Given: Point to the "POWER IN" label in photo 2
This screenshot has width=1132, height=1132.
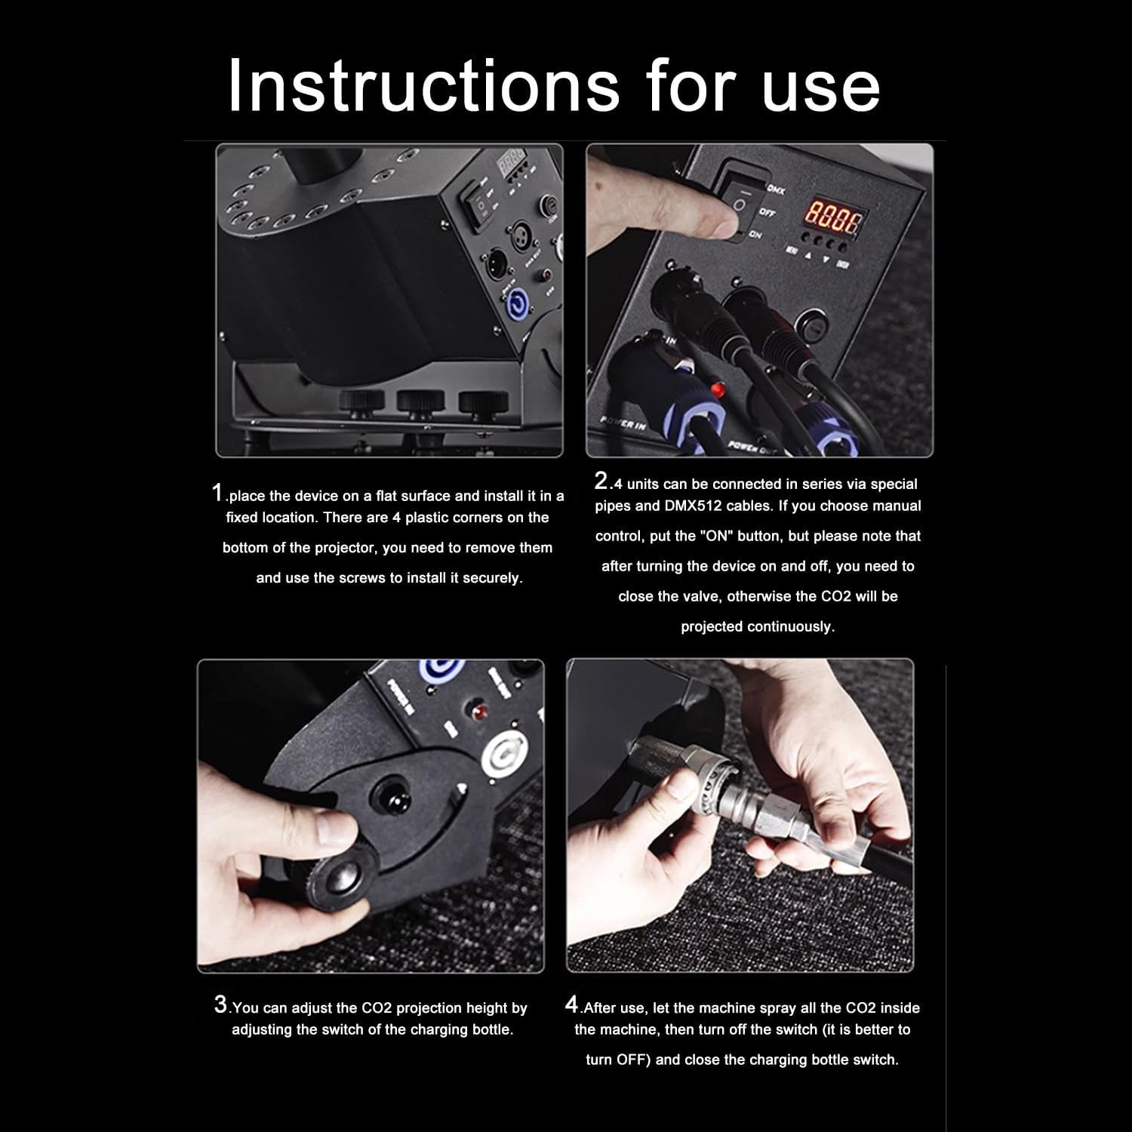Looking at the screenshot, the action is [x=623, y=423].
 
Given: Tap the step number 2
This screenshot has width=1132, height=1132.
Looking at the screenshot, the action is [x=601, y=480].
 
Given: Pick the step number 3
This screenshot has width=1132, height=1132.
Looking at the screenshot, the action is [x=220, y=1004].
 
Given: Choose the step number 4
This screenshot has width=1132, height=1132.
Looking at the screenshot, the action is [x=572, y=1004].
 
